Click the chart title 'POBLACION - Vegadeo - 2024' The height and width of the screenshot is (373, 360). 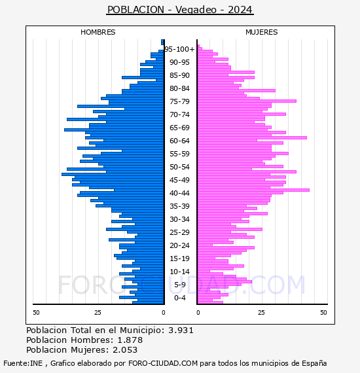click(x=180, y=10)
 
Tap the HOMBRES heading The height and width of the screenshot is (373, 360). click(x=98, y=32)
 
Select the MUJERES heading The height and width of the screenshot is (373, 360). click(x=262, y=32)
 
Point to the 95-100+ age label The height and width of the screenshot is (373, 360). click(x=179, y=49)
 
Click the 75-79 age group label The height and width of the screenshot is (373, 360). click(x=179, y=101)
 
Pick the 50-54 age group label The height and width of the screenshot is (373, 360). click(x=179, y=167)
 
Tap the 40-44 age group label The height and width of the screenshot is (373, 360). click(x=179, y=193)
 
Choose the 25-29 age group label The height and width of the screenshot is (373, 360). click(x=179, y=232)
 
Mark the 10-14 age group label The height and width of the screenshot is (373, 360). click(x=179, y=272)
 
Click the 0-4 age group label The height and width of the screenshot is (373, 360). click(x=180, y=298)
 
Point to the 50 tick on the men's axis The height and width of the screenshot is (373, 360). click(x=36, y=312)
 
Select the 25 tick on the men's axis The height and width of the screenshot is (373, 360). click(x=98, y=312)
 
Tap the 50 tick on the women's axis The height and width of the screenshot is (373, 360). click(x=323, y=312)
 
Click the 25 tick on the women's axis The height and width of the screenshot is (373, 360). click(x=262, y=312)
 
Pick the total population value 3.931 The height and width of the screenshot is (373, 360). click(x=181, y=330)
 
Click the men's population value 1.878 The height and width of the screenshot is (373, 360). click(x=130, y=340)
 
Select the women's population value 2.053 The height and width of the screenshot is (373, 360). click(x=125, y=349)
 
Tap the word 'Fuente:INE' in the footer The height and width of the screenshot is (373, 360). click(x=23, y=363)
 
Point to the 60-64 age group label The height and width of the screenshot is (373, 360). click(x=179, y=141)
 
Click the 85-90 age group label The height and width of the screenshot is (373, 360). click(x=179, y=75)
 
